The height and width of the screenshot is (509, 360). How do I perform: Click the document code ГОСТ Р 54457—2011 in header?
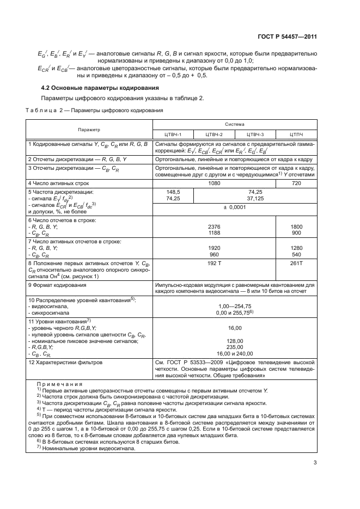[286, 36]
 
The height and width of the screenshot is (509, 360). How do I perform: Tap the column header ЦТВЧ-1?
[173, 134]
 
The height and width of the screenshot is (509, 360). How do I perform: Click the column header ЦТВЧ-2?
[214, 134]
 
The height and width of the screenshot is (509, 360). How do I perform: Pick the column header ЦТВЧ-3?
[255, 134]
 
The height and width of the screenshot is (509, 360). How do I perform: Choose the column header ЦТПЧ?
[296, 134]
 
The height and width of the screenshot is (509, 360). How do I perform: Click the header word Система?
[235, 125]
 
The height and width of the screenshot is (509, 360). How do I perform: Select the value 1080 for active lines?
[214, 183]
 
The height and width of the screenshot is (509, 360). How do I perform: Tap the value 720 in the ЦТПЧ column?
[296, 183]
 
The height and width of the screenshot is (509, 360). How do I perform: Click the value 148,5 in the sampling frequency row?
[173, 192]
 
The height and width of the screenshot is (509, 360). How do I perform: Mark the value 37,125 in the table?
[234, 199]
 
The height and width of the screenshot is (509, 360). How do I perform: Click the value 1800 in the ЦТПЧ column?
[296, 226]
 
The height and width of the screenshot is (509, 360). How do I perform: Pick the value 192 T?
[214, 262]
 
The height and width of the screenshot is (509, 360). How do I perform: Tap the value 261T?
[296, 262]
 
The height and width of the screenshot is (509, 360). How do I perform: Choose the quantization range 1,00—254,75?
[234, 306]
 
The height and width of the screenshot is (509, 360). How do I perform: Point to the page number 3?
[315, 463]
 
